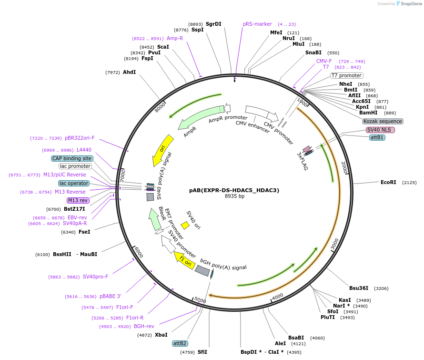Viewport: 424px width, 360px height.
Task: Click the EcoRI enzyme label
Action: pos(388,182)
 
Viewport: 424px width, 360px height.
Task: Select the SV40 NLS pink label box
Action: pos(381,130)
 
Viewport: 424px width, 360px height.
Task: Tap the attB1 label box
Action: pos(377,137)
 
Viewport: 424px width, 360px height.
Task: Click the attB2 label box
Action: pos(180,343)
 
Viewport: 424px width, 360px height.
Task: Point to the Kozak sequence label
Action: pos(383,121)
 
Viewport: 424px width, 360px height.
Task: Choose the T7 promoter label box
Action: pos(347,75)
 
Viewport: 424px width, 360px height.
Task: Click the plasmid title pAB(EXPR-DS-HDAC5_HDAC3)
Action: pos(234,190)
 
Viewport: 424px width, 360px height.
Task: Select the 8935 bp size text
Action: pos(234,196)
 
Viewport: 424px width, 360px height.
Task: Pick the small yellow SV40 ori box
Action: pos(185,225)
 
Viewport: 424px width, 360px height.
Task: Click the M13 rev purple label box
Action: pos(78,200)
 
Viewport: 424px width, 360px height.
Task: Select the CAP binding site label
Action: pos(72,158)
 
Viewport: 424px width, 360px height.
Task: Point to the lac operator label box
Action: pos(74,183)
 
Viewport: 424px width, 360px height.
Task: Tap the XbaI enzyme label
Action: pos(161,335)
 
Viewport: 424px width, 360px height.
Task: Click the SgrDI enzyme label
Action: pos(213,24)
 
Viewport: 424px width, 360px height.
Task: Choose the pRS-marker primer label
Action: pos(257,24)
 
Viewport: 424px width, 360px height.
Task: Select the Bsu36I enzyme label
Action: pos(359,288)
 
